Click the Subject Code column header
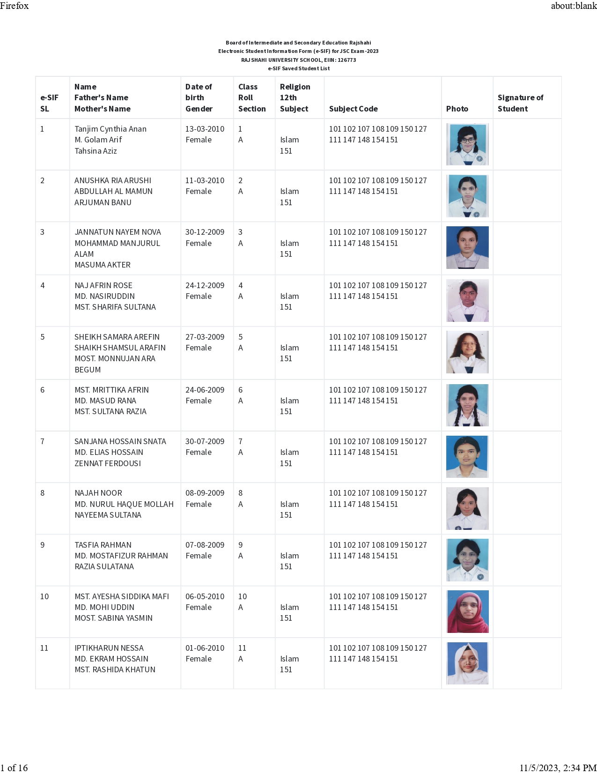coord(353,109)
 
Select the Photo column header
coord(457,109)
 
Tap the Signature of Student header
coord(520,103)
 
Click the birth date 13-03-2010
coord(205,129)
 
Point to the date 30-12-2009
coord(205,232)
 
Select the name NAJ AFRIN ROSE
coord(103,285)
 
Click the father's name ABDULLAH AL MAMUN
coord(113,191)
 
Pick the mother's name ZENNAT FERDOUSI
coord(108,463)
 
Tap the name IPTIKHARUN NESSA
coord(109,648)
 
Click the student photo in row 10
coord(467,611)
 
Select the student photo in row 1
coord(467,144)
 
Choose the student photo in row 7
coord(467,457)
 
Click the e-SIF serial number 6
coord(43,390)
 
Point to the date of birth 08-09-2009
coord(205,493)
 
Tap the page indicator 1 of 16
coord(14,767)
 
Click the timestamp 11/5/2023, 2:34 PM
coord(558,767)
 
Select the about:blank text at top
coord(574,6)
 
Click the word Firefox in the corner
coord(15,6)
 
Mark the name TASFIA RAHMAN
coord(103,545)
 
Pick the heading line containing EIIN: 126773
coord(298,60)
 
